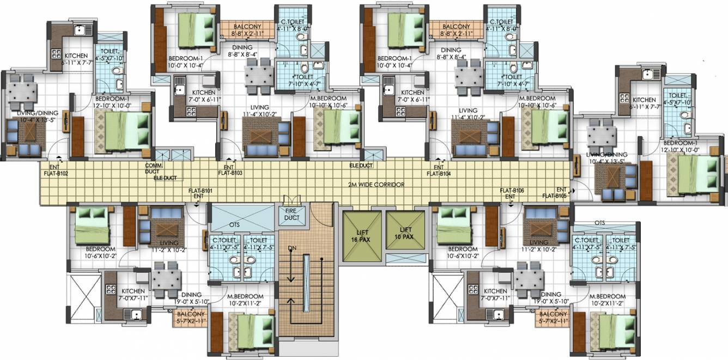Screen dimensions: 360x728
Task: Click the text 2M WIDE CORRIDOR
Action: [x=377, y=185]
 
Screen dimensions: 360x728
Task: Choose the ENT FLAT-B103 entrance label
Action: [x=230, y=170]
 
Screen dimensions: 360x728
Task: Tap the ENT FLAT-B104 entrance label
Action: [x=438, y=170]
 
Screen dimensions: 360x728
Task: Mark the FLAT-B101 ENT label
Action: [x=199, y=194]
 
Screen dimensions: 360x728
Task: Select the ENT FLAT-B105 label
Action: [x=555, y=193]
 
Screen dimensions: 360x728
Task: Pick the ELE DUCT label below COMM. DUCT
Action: [x=165, y=178]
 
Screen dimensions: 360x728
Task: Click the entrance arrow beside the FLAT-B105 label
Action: [x=573, y=190]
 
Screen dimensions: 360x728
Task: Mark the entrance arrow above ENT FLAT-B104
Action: [x=439, y=161]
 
